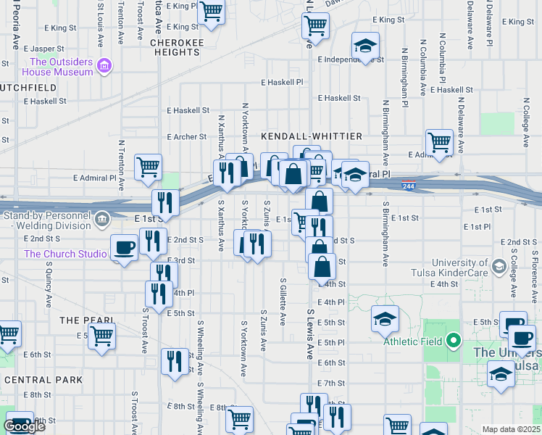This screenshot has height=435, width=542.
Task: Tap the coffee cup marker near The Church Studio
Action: tap(124, 248)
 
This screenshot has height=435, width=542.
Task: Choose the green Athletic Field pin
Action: tap(454, 340)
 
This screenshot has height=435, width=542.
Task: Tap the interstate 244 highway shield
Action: tap(409, 186)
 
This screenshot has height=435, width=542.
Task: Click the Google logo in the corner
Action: tap(24, 427)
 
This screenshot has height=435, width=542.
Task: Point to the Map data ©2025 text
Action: tap(511, 429)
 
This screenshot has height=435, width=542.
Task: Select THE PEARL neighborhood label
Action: tap(87, 320)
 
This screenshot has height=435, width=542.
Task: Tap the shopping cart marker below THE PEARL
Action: tap(101, 336)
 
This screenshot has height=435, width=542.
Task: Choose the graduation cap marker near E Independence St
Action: tap(365, 46)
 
